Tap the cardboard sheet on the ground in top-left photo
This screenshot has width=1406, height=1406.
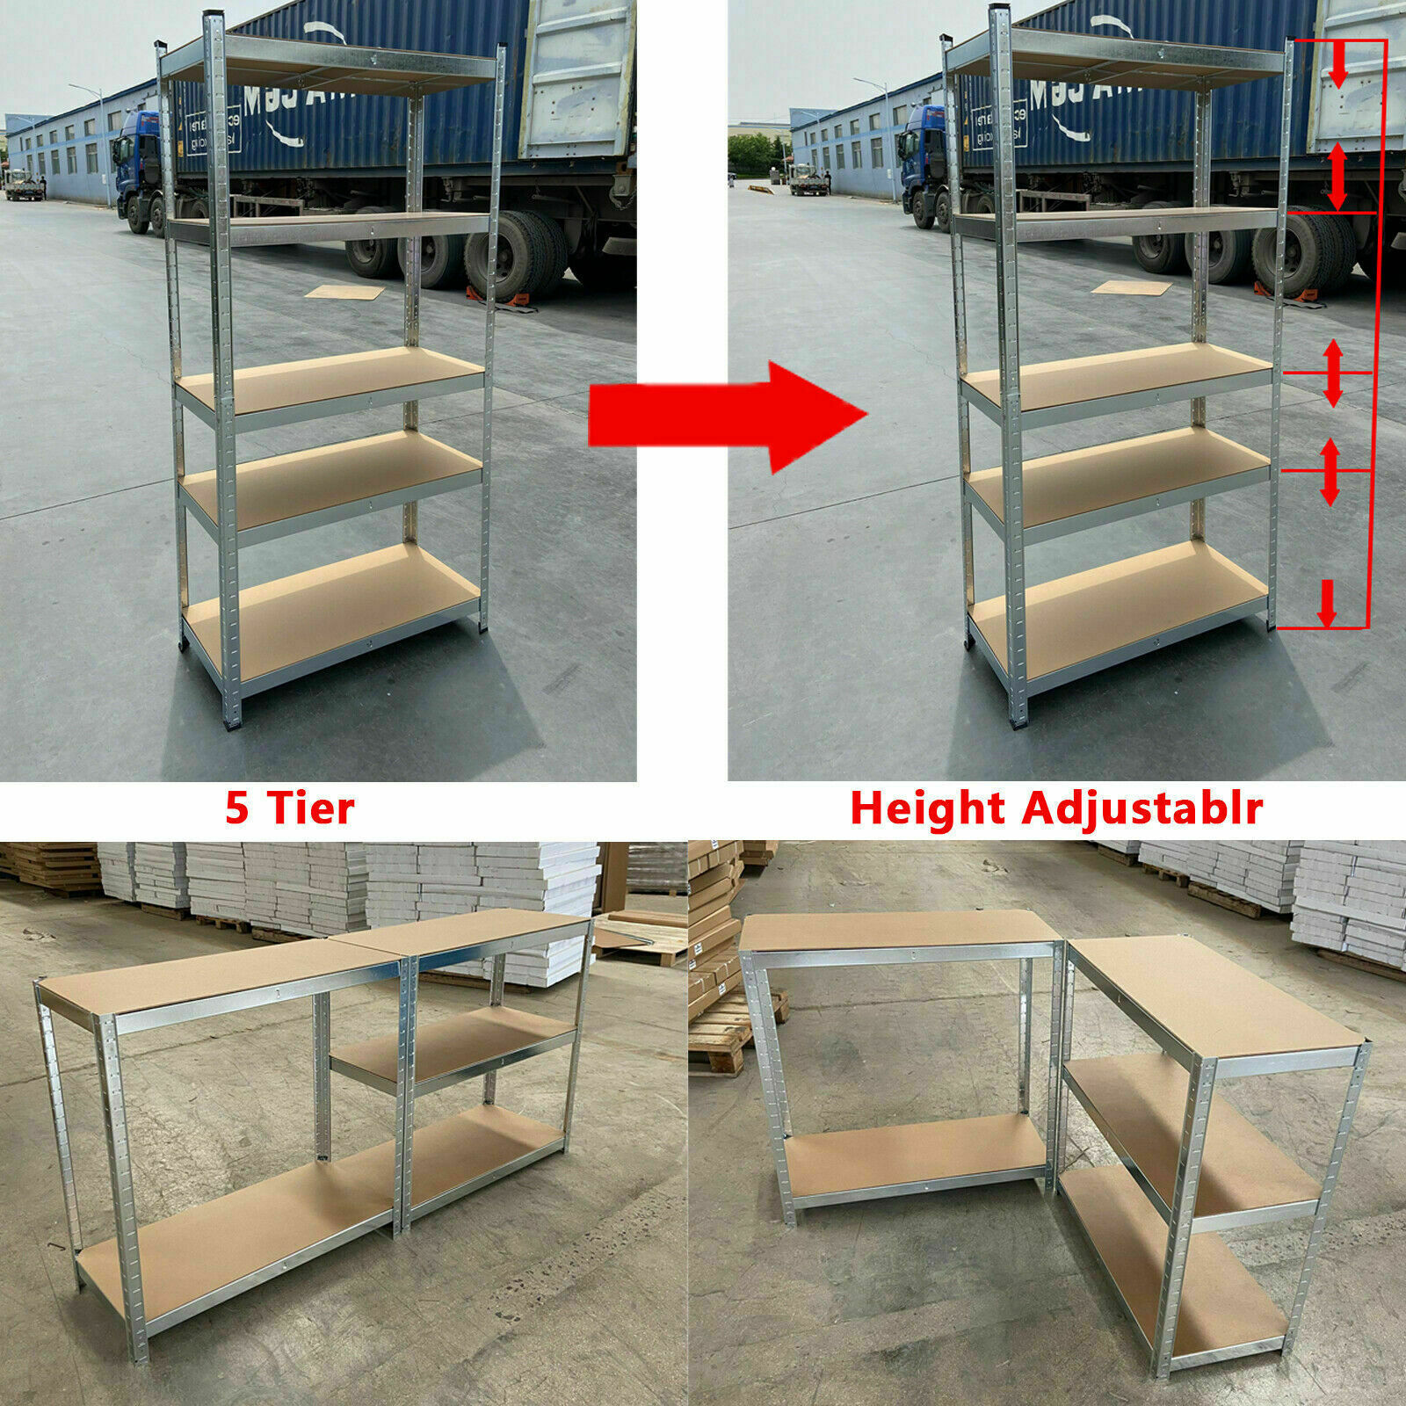pos(344,292)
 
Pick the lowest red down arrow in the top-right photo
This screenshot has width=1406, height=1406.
pos(1327,604)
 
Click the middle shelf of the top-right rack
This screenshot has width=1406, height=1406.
pos(1116,373)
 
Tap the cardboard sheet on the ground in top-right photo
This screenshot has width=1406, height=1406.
pos(1131,287)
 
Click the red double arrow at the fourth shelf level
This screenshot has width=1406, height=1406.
pos(1330,472)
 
